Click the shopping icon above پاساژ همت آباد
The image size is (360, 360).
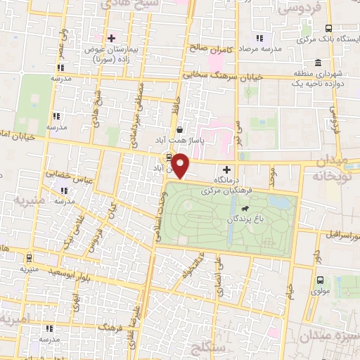180,129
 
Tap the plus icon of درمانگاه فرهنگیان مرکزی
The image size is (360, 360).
226,169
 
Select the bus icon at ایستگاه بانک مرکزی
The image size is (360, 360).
329,29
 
